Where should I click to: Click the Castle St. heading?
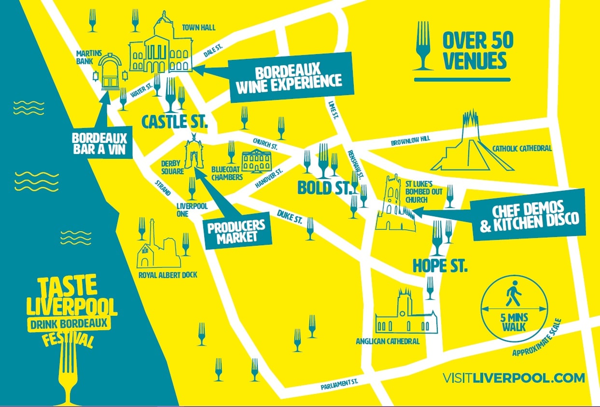tap(174, 121)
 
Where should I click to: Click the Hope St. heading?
tap(440, 266)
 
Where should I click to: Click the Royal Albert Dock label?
tap(167, 275)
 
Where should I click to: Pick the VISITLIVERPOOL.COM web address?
tap(513, 377)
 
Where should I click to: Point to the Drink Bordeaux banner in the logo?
tap(68, 323)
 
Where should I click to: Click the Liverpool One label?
tap(192, 210)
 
